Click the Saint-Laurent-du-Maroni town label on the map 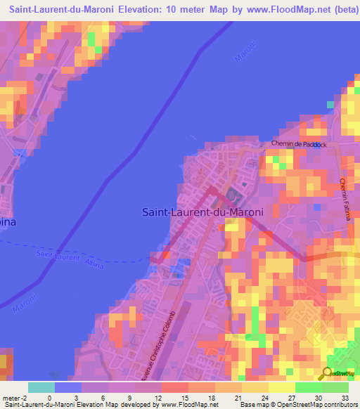tap(202, 212)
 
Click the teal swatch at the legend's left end tap(41, 387)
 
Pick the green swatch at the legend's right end tap(335, 387)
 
